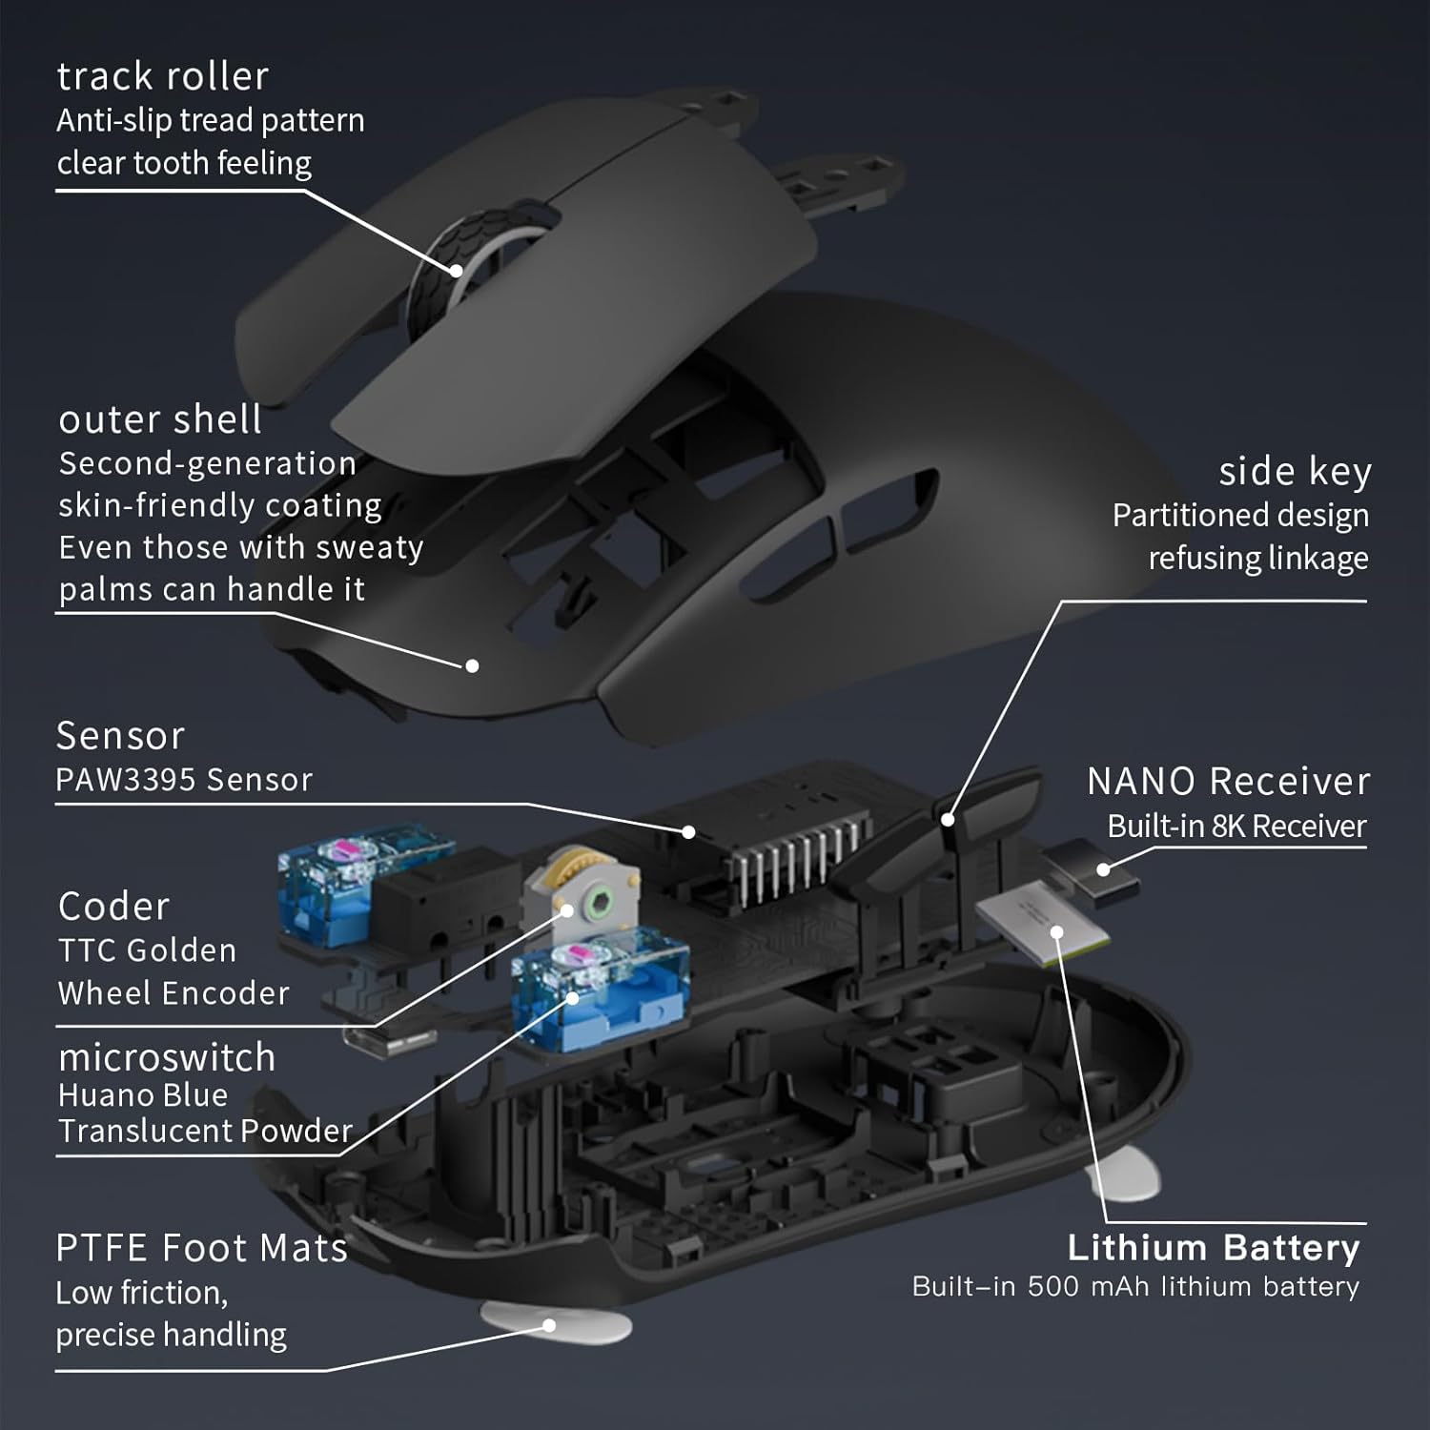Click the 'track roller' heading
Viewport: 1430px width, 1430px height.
pyautogui.click(x=162, y=76)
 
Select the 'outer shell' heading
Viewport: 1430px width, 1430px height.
pyautogui.click(x=159, y=419)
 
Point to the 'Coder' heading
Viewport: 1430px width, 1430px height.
pyautogui.click(x=113, y=906)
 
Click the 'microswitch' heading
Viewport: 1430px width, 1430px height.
pyautogui.click(x=166, y=1057)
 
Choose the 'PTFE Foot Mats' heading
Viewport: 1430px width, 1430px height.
pyautogui.click(x=201, y=1248)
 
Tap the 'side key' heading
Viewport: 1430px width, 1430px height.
pyautogui.click(x=1294, y=471)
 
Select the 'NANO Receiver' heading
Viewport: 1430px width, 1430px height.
pyautogui.click(x=1228, y=782)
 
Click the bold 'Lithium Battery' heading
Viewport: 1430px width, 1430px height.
pyautogui.click(x=1213, y=1248)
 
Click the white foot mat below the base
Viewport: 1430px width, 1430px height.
pyautogui.click(x=555, y=1324)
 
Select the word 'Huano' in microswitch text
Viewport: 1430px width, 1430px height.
pyautogui.click(x=96, y=1095)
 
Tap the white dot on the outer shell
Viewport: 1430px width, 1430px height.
pyautogui.click(x=471, y=665)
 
